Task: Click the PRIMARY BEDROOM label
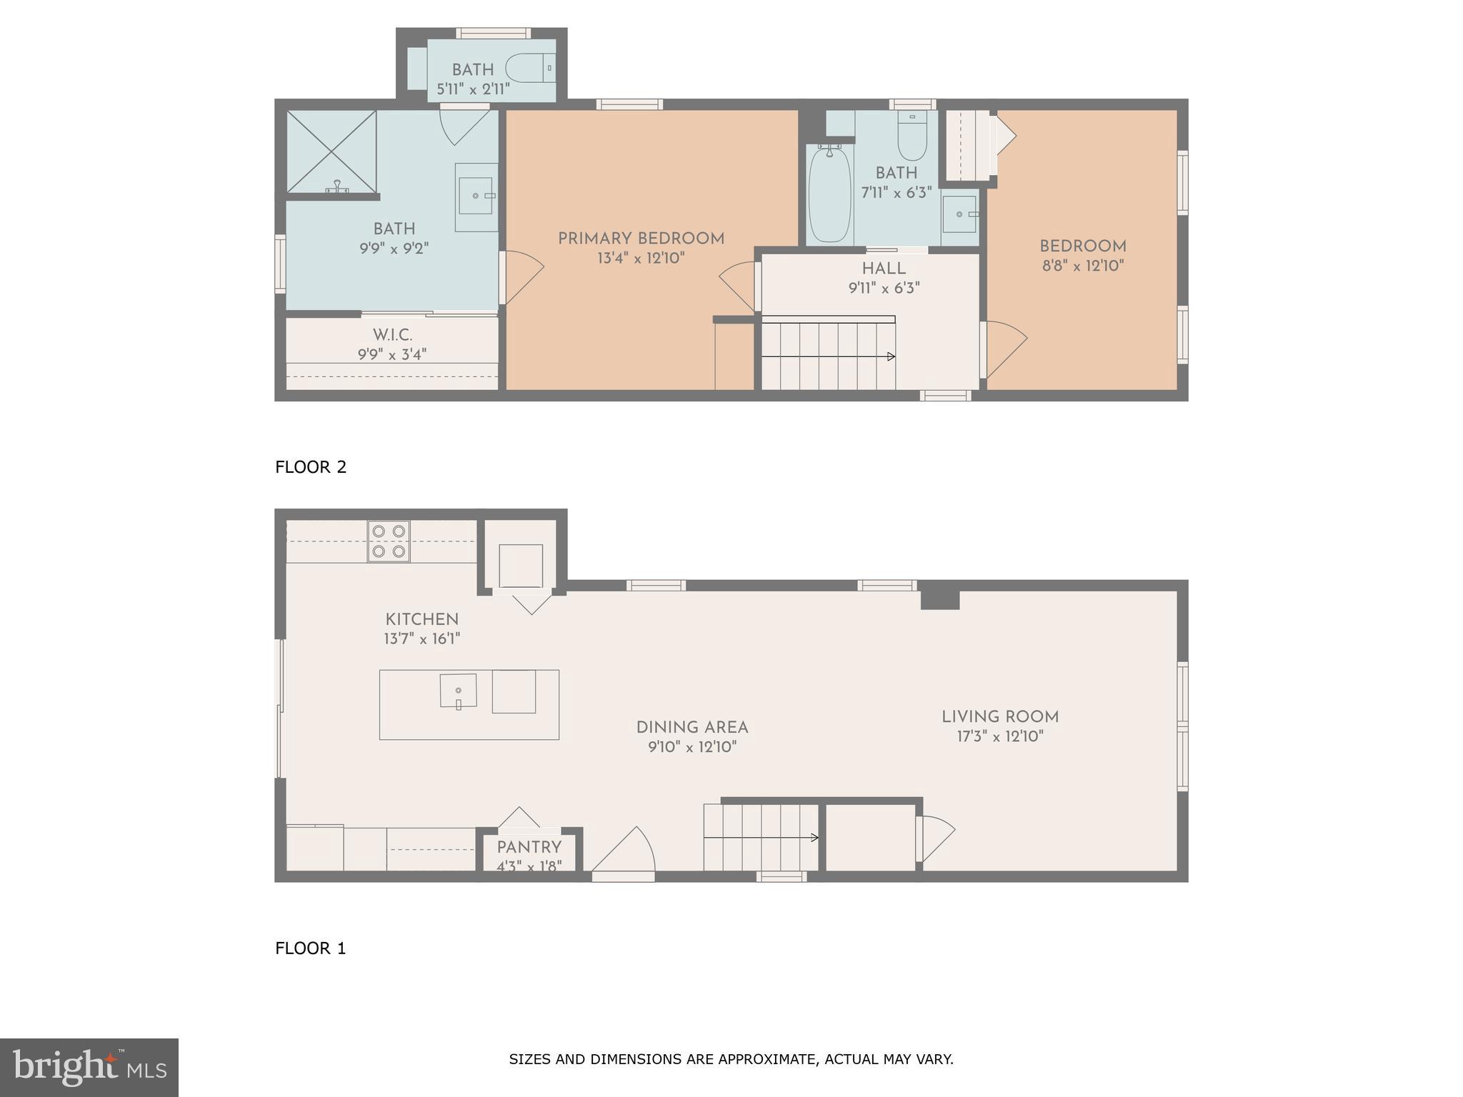click(641, 239)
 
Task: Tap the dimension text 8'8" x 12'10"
click(1082, 266)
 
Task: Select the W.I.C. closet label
click(392, 335)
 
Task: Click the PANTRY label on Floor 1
click(529, 847)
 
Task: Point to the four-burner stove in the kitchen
click(389, 541)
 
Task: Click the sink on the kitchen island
click(458, 691)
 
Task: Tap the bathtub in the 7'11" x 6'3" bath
click(829, 194)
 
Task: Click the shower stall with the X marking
click(331, 151)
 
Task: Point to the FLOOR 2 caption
click(311, 467)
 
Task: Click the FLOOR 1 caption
click(311, 948)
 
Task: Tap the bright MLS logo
click(89, 1067)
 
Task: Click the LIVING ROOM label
click(999, 717)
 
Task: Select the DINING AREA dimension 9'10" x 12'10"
click(691, 748)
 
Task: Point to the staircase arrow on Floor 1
click(814, 838)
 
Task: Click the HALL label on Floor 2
click(884, 269)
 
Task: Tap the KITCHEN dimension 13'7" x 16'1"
click(421, 639)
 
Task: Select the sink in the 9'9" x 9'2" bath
click(476, 196)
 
